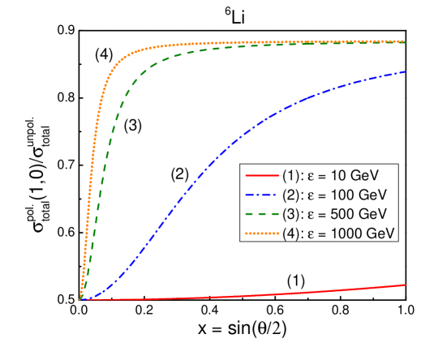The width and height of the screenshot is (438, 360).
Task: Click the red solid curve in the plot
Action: coord(243,297)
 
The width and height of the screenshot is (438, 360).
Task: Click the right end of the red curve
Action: coord(405,285)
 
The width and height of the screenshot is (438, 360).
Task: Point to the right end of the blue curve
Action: coord(405,72)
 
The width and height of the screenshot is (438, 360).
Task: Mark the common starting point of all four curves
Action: coord(80,300)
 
